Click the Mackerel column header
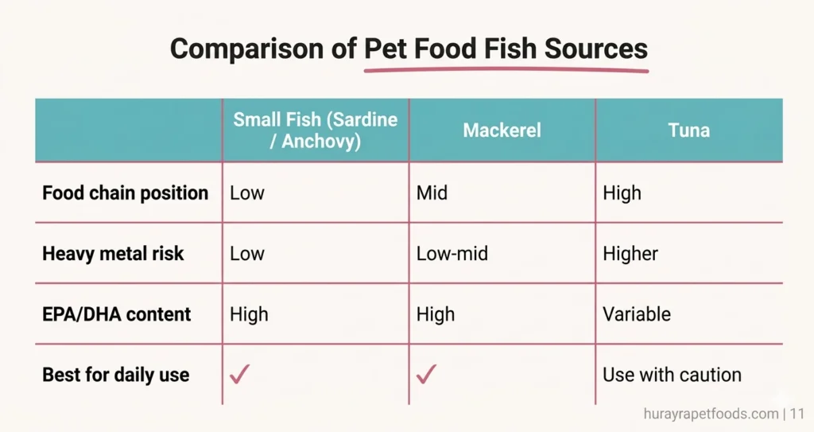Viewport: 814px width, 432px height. click(x=502, y=130)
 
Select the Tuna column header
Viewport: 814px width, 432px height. click(x=689, y=130)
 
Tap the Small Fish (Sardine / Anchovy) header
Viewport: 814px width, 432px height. click(x=315, y=130)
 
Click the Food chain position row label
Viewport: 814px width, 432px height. click(x=125, y=193)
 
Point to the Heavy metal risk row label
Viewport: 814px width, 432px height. click(x=113, y=254)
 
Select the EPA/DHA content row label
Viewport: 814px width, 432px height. click(x=117, y=314)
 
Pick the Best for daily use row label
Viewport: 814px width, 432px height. click(x=116, y=375)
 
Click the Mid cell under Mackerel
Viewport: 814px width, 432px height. click(x=432, y=193)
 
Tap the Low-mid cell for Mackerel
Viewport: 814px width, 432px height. click(x=452, y=254)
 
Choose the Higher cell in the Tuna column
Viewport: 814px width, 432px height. click(x=630, y=254)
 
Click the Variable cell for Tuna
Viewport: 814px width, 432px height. click(x=637, y=314)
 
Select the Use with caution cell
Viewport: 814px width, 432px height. click(x=673, y=375)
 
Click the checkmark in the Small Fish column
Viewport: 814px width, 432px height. click(x=239, y=374)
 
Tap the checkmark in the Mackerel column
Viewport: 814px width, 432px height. click(x=426, y=374)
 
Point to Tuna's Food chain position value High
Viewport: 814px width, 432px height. click(x=622, y=193)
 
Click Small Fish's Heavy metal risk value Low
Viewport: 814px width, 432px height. click(x=247, y=254)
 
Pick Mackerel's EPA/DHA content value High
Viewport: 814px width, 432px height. click(x=436, y=314)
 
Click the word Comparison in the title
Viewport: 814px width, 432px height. click(x=262, y=49)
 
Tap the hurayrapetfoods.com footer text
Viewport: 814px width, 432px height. click(x=711, y=414)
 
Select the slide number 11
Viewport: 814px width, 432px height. click(x=797, y=414)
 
